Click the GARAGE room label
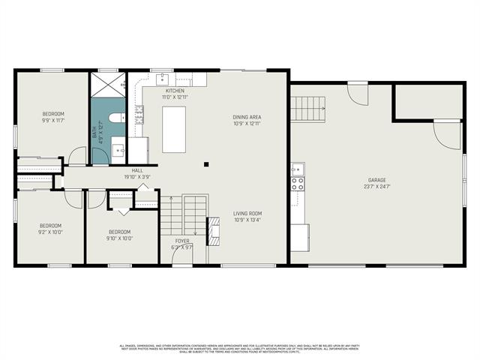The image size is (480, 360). [378, 180]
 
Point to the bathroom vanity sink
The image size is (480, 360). [118, 150]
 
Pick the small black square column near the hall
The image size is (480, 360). [207, 164]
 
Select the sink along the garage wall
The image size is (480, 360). [297, 168]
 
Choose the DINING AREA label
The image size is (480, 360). [247, 117]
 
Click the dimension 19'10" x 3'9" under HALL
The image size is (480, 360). [137, 177]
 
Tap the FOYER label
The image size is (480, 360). [182, 241]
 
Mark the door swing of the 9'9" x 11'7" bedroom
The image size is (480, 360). [77, 156]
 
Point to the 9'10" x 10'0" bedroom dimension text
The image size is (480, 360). [120, 238]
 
